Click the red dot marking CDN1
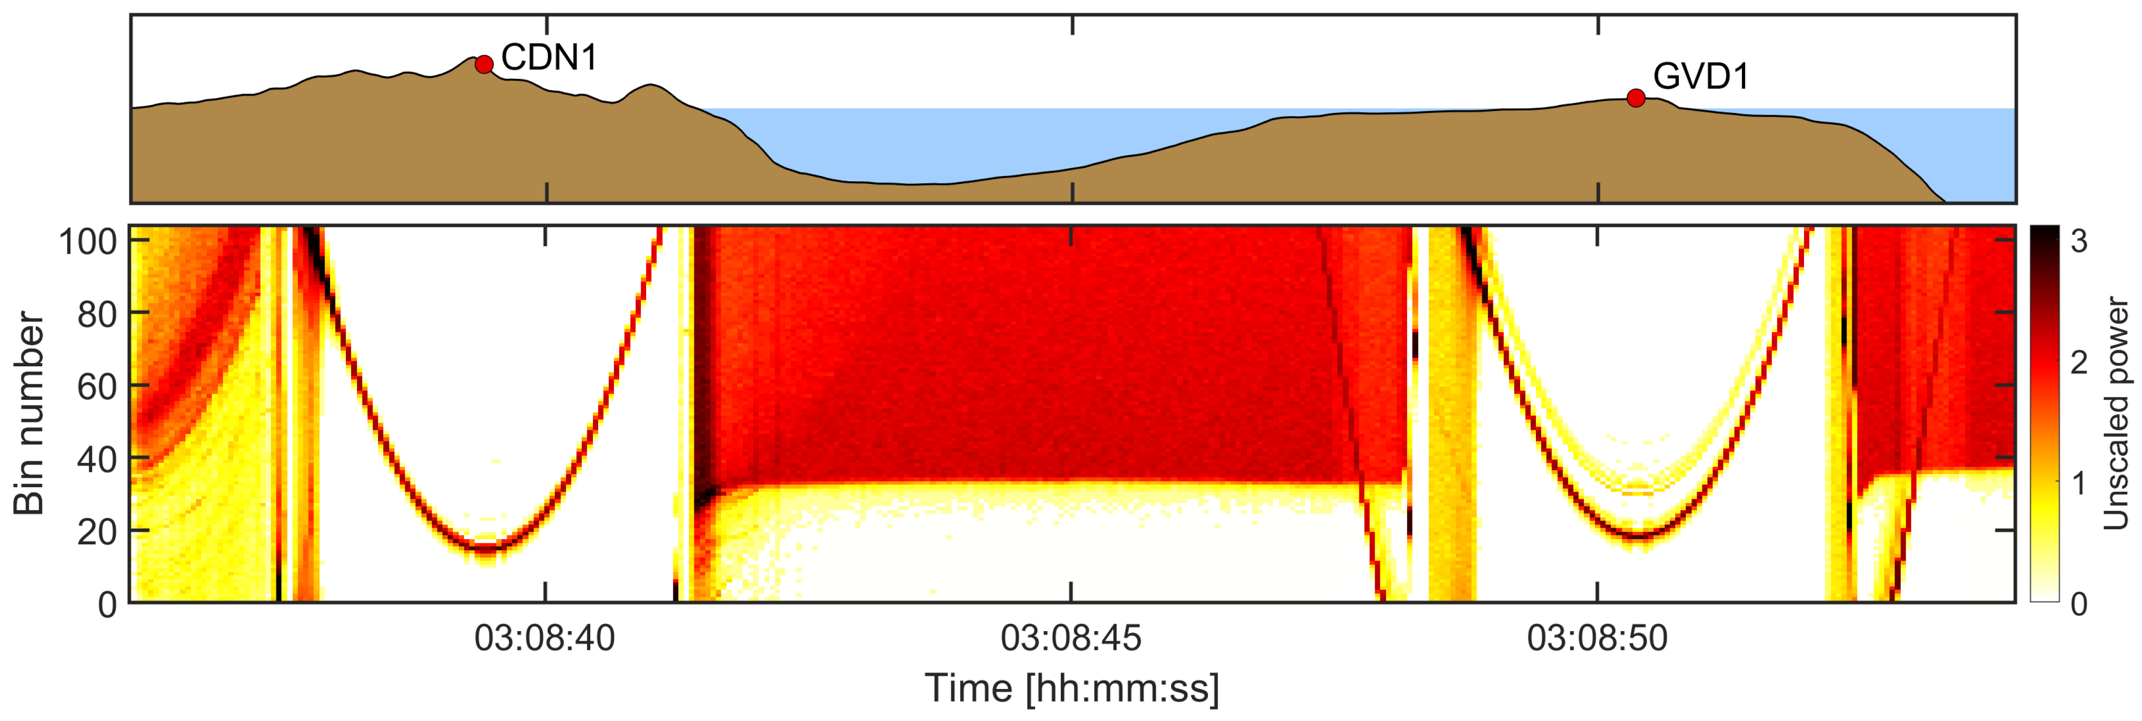[484, 64]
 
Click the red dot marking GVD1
[1636, 98]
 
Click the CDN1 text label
[549, 57]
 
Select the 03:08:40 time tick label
[545, 638]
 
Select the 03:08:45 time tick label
[1071, 638]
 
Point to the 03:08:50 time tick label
[1597, 638]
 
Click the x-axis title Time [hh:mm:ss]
[1072, 688]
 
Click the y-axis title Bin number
[29, 413]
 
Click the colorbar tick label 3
[2079, 241]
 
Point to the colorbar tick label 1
[2079, 482]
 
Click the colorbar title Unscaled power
[2116, 413]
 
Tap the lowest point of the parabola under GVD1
[1636, 535]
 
